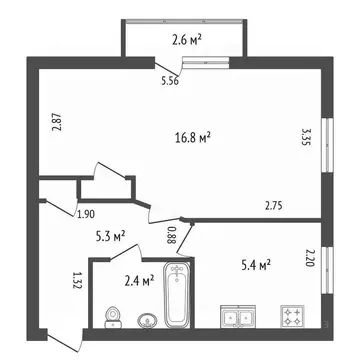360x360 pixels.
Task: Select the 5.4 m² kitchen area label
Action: (258, 265)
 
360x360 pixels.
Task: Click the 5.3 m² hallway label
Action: (109, 237)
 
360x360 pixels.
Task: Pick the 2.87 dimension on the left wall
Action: (58, 125)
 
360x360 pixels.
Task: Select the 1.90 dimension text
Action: (87, 213)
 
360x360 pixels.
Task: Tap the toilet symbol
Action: (111, 315)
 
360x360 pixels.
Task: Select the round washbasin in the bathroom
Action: (146, 320)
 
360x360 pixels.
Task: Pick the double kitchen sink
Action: (240, 318)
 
